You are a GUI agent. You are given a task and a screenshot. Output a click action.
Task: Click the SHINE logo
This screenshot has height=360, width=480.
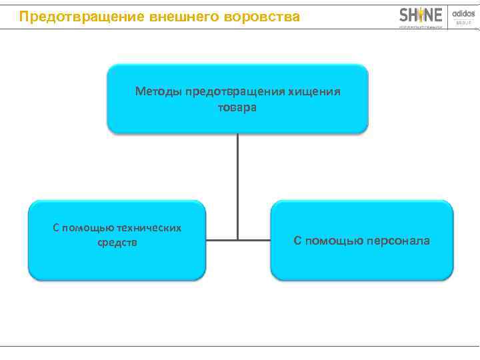coord(421,15)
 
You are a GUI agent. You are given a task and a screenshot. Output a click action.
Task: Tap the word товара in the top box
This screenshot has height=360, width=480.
coord(237,107)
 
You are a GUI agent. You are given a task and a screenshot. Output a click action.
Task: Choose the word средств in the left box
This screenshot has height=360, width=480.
coord(117,242)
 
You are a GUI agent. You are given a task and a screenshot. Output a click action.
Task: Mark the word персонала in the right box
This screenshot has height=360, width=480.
coord(399,240)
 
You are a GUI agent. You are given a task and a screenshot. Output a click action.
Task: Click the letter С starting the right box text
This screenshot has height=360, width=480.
coord(298,240)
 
